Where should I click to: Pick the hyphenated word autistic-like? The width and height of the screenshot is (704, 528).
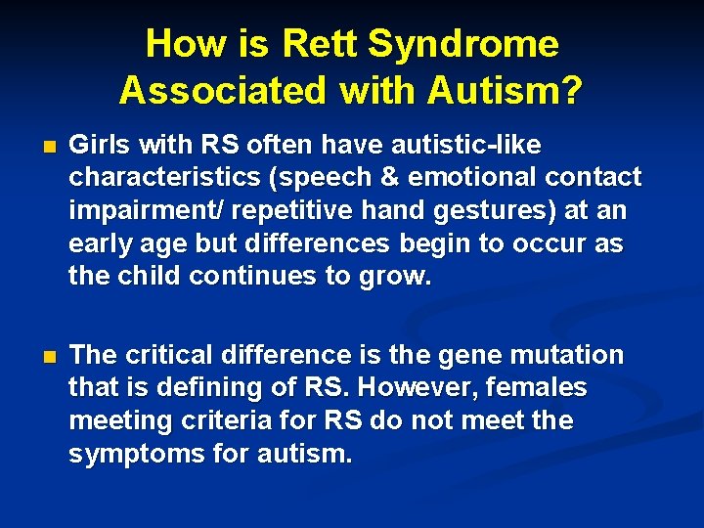[x=456, y=145]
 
